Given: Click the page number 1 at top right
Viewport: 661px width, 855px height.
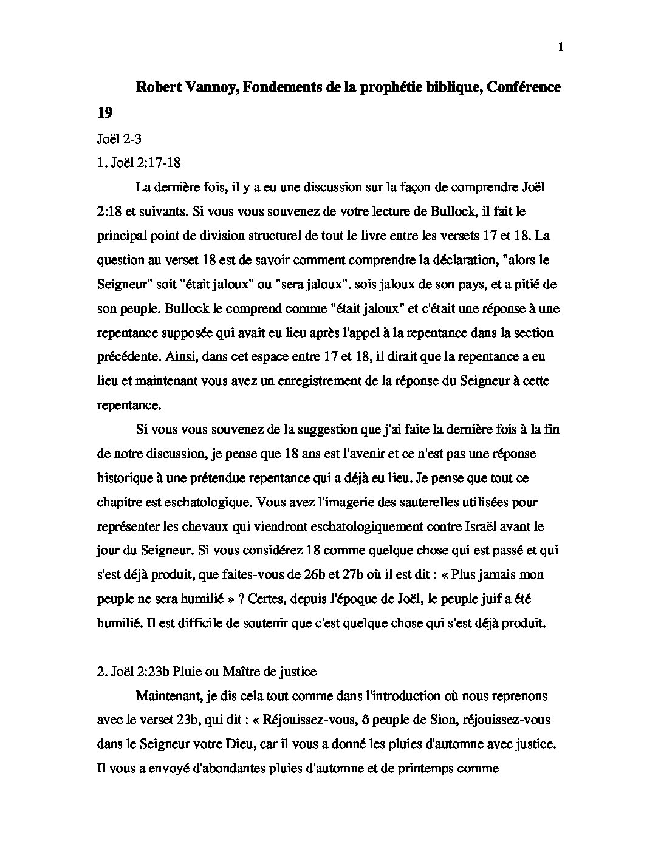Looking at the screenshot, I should (x=560, y=48).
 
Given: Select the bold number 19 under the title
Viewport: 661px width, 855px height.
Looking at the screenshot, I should (x=104, y=113).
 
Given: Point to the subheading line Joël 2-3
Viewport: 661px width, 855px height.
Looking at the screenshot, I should (x=119, y=138).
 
